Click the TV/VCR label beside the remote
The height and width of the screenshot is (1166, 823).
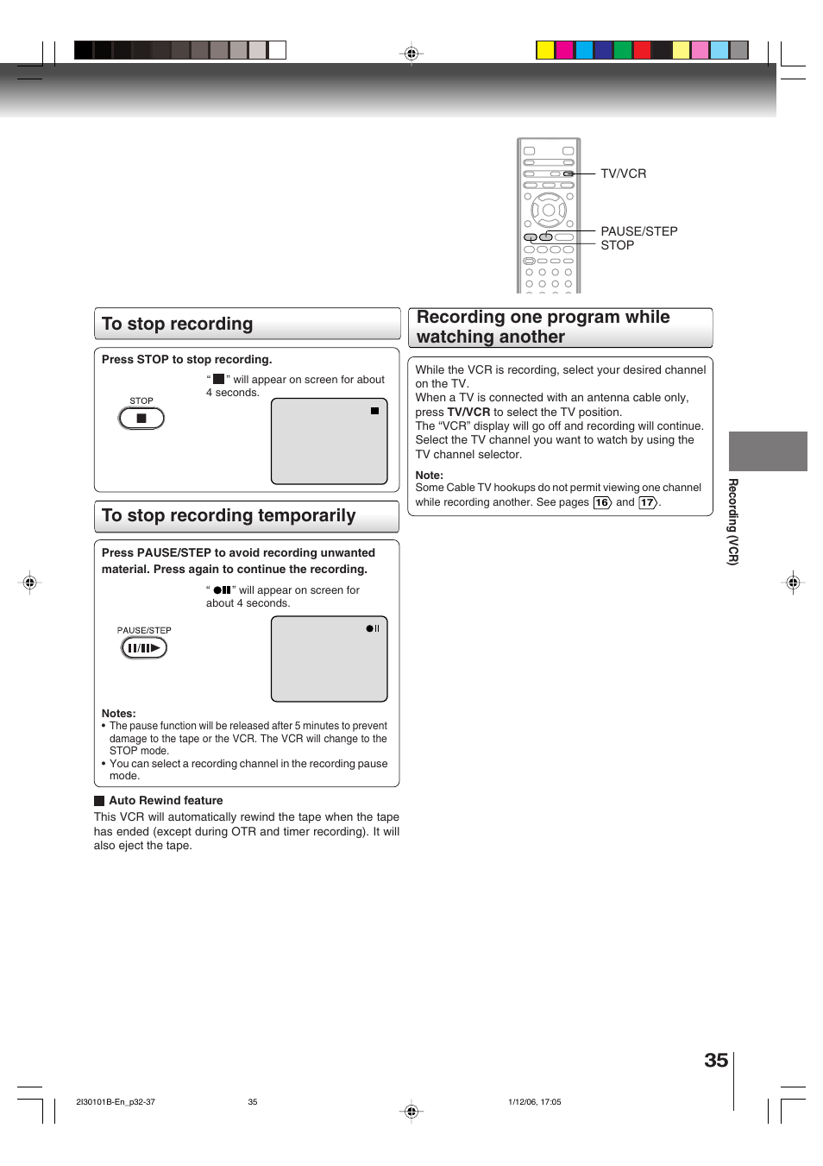pos(623,173)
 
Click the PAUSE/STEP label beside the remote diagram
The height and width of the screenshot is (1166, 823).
pos(638,231)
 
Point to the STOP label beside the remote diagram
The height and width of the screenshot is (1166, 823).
pos(617,245)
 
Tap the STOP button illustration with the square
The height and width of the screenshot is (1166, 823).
pos(141,419)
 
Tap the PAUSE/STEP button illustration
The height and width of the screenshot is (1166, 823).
pos(144,648)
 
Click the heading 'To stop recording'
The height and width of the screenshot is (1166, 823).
pos(178,324)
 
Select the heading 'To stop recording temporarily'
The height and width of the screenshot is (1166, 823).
pos(229,515)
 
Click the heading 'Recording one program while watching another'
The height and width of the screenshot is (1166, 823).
pos(543,327)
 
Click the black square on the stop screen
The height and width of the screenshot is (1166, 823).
pos(374,411)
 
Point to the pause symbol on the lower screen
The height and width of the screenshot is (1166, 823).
pos(373,628)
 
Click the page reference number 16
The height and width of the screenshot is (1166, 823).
pos(601,502)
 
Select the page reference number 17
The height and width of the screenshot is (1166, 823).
pos(647,502)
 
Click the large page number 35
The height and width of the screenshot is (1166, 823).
pos(716,1061)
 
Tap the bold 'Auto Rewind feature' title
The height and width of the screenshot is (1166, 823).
pos(166,801)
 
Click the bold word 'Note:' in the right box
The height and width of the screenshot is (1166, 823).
pos(429,475)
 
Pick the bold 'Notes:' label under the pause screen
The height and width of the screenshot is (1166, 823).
pos(118,713)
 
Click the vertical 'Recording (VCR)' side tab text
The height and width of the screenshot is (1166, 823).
pos(732,521)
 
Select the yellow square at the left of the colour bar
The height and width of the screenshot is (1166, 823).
pos(545,50)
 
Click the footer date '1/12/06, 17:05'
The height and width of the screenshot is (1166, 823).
pos(534,1102)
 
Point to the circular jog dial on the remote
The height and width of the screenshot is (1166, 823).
pos(549,210)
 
